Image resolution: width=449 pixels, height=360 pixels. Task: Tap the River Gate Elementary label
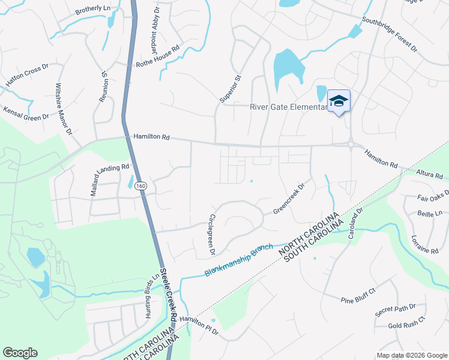click(288, 107)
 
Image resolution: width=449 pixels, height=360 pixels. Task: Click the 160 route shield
click(140, 186)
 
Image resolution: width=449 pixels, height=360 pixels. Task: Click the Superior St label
click(231, 88)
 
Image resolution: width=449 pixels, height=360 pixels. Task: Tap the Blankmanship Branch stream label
click(239, 259)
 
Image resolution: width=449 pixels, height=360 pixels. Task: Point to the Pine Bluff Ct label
click(358, 295)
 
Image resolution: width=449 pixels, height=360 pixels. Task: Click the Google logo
click(20, 353)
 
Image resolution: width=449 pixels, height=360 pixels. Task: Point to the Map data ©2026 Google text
click(411, 355)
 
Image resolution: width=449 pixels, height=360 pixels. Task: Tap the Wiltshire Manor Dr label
click(64, 109)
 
